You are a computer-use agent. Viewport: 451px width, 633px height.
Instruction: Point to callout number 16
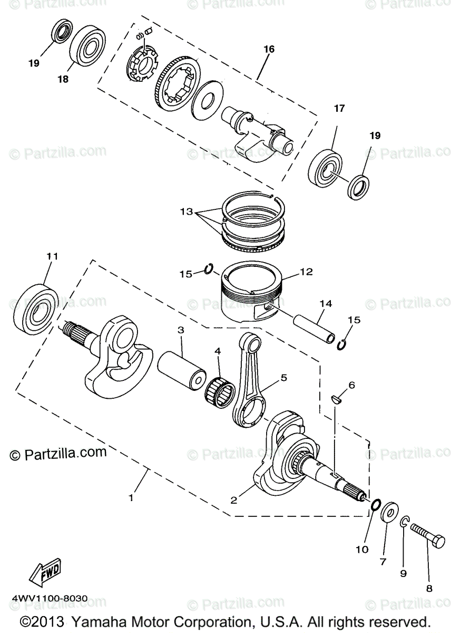click(x=269, y=49)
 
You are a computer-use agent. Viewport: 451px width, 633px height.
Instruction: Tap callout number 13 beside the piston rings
click(x=185, y=212)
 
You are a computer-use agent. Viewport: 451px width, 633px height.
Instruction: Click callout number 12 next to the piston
click(x=306, y=272)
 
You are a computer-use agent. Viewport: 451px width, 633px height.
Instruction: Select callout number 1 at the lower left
click(x=131, y=496)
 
